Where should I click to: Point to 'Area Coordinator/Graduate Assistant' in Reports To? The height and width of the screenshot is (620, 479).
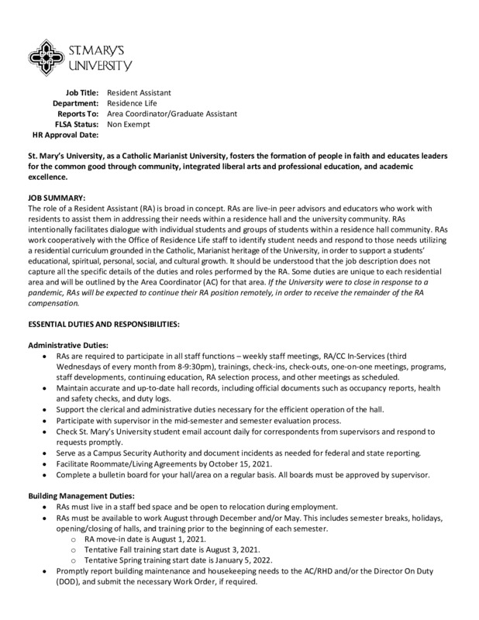pos(172,113)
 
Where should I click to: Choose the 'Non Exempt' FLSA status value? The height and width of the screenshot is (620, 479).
pos(128,124)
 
